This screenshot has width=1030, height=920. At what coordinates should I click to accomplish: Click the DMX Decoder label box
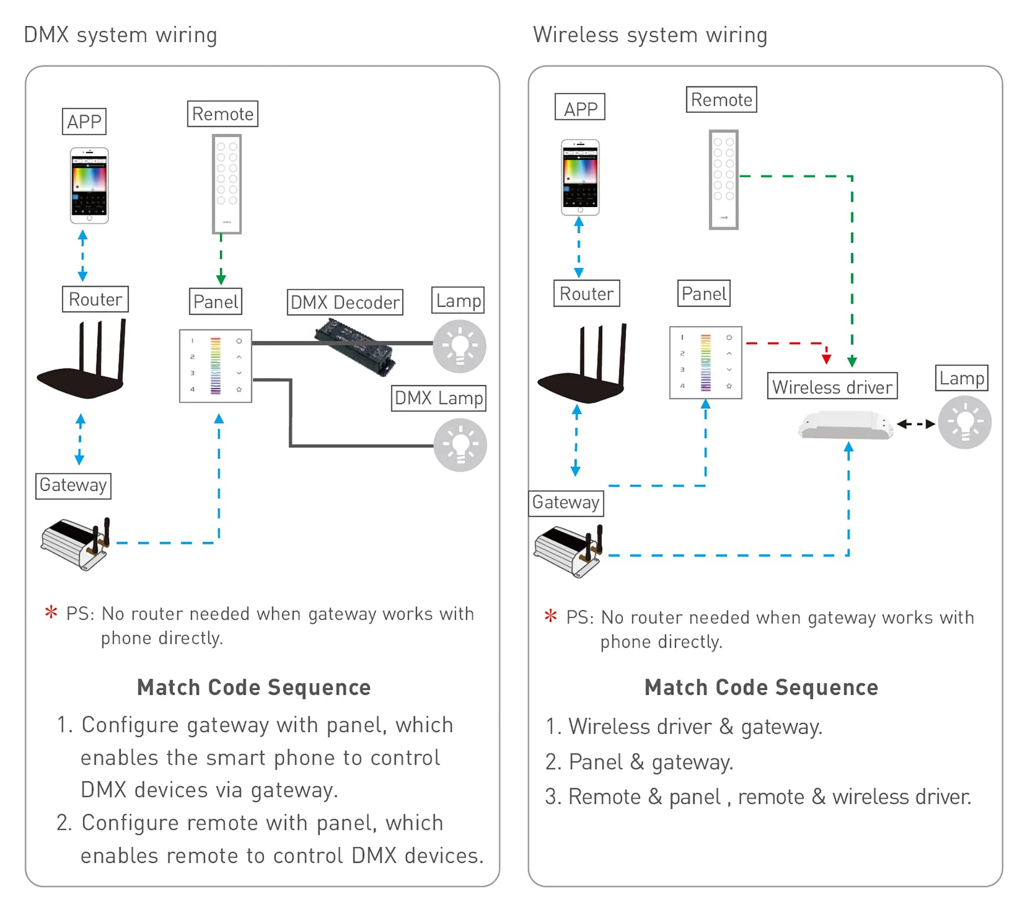pos(345,302)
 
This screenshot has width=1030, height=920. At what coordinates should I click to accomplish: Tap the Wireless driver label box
pos(832,386)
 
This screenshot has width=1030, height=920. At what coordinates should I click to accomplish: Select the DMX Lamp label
pos(438,398)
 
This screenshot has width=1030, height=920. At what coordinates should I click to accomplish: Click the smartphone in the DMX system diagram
pos(89,185)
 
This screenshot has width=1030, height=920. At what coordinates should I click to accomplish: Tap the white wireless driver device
pos(845,425)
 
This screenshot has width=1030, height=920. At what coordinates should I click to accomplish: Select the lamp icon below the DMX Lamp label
pos(460,445)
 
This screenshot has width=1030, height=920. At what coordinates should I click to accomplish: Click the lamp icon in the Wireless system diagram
pos(964,422)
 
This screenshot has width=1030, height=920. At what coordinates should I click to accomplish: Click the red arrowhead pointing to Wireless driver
pos(826,359)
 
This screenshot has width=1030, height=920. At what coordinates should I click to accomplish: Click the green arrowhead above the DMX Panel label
pos(221,280)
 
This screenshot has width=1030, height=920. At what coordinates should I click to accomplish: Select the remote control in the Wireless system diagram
pos(723,179)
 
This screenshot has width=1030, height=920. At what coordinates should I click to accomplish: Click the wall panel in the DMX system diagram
pos(215,366)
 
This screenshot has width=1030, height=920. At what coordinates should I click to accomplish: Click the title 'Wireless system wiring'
pos(650,35)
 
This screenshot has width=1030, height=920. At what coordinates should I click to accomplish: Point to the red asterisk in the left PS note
pos(51,612)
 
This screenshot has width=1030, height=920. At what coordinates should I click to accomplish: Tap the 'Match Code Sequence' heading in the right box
pos(761,687)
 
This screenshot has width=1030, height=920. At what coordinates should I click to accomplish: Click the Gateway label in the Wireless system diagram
pos(565,503)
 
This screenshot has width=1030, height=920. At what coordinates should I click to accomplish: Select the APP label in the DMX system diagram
pos(84,122)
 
